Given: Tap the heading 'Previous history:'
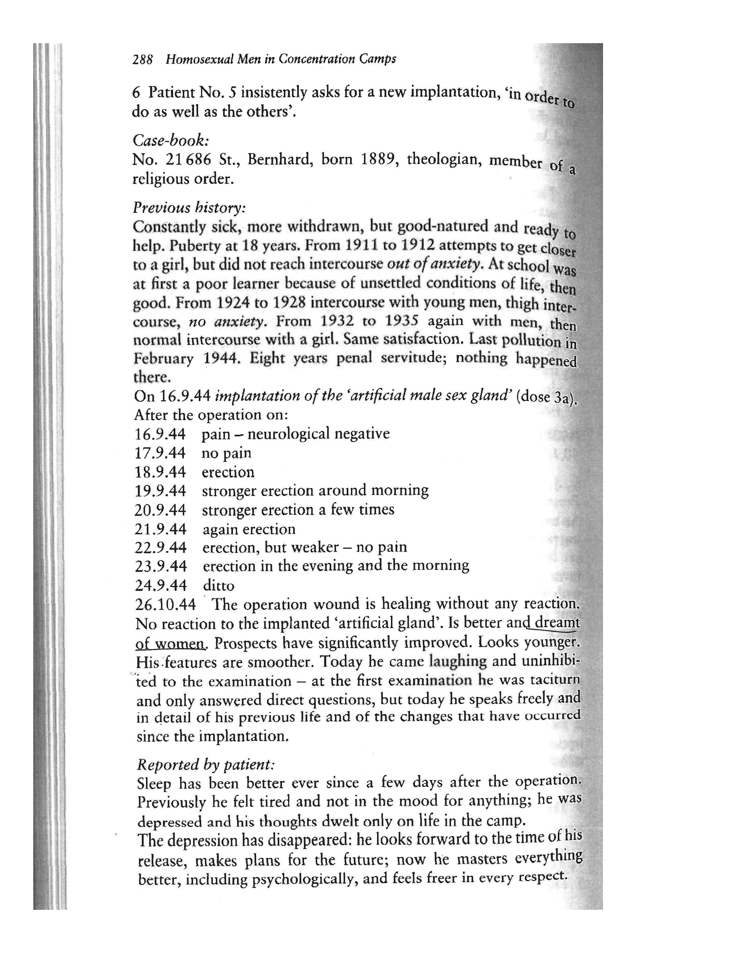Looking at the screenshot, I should [189, 207].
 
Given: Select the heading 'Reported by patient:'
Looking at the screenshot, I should [206, 764].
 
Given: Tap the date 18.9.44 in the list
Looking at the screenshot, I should [160, 472].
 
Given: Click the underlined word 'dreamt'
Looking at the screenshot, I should [557, 623].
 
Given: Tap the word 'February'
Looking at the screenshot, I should [163, 359].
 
